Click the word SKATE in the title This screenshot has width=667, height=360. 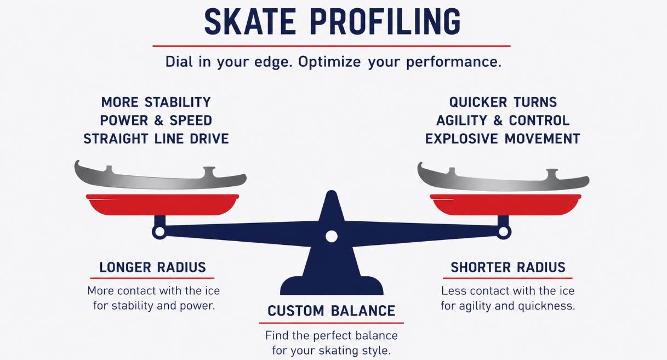[x=250, y=22]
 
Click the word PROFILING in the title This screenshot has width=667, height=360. [x=386, y=22]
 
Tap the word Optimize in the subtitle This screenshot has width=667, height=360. [x=329, y=62]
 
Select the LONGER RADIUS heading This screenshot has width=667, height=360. [x=152, y=267]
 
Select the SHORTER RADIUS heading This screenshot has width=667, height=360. [x=508, y=267]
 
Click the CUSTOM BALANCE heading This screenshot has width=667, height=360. [x=332, y=311]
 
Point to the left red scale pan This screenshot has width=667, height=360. [x=162, y=204]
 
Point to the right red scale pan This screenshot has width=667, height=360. [x=506, y=204]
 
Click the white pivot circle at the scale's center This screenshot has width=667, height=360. [x=332, y=237]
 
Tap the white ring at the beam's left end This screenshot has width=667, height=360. [x=159, y=232]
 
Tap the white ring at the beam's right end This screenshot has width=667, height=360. [x=504, y=232]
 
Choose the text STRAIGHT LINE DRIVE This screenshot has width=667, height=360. [x=156, y=139]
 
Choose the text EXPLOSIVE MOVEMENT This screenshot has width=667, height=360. [x=503, y=139]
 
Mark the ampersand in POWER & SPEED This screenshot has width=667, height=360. [x=159, y=121]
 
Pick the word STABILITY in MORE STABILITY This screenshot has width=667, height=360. [x=178, y=102]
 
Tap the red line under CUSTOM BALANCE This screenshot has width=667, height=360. [x=332, y=323]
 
